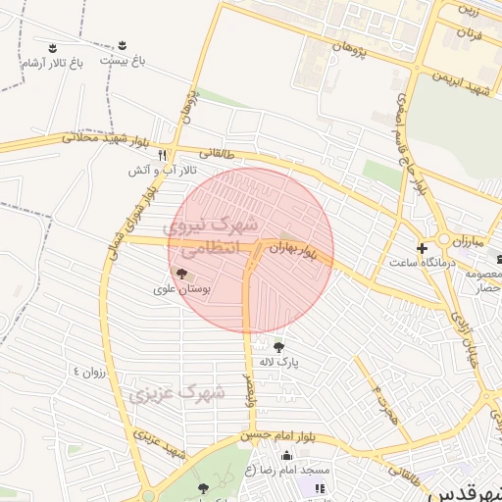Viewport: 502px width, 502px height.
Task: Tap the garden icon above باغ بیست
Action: tap(123, 45)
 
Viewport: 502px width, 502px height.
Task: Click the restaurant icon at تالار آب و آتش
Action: tap(163, 155)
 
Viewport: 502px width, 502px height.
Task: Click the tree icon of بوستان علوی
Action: tap(180, 273)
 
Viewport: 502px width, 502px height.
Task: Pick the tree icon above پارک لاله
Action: tap(279, 346)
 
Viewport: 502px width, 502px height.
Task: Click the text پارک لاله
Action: tap(279, 362)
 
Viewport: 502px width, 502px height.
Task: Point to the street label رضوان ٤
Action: tap(88, 373)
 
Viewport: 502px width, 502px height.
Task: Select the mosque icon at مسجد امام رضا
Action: tap(286, 454)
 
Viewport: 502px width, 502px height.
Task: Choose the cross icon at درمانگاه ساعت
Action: tap(423, 249)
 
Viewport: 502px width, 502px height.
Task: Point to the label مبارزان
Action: tap(468, 240)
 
